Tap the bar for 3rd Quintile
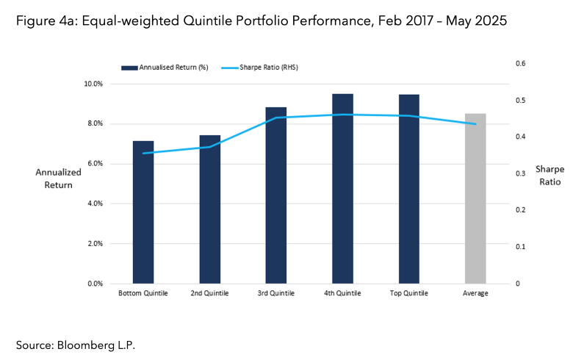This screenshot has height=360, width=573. [x=276, y=195]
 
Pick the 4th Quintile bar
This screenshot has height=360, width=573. [x=342, y=189]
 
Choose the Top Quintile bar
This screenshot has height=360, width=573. [x=409, y=189]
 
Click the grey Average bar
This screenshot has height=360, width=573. [x=475, y=198]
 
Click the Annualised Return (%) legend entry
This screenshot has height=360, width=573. [x=165, y=67]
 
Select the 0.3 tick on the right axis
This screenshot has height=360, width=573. [x=520, y=173]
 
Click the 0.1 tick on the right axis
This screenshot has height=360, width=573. [x=520, y=247]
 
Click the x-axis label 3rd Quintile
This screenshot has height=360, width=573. [x=276, y=294]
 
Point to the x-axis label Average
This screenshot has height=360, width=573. [x=475, y=294]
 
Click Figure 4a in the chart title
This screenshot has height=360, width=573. [x=46, y=21]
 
